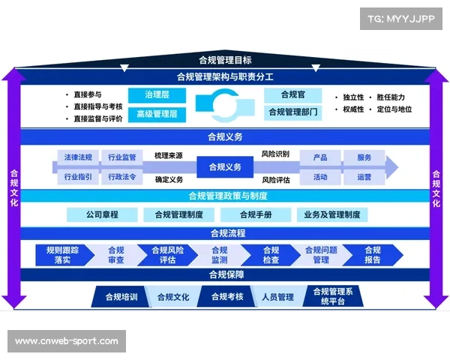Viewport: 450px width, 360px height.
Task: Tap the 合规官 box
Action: click(x=294, y=95)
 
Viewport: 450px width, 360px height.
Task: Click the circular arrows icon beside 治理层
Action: click(x=224, y=104)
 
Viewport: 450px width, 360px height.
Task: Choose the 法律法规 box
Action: click(x=77, y=157)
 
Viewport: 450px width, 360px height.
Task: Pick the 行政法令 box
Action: click(x=121, y=177)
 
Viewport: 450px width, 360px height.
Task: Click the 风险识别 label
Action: click(x=275, y=154)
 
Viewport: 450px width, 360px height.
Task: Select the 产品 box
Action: click(x=320, y=157)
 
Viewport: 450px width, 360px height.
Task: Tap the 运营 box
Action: click(x=364, y=177)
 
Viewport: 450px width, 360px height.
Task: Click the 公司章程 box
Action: click(x=102, y=214)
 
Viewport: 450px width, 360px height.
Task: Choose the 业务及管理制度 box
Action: click(x=331, y=214)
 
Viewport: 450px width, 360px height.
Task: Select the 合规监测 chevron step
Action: click(x=220, y=255)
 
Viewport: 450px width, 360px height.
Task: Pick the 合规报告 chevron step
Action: click(x=372, y=255)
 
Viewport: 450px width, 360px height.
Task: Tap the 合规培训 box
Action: click(x=118, y=297)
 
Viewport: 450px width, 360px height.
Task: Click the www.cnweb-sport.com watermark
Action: click(x=66, y=341)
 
